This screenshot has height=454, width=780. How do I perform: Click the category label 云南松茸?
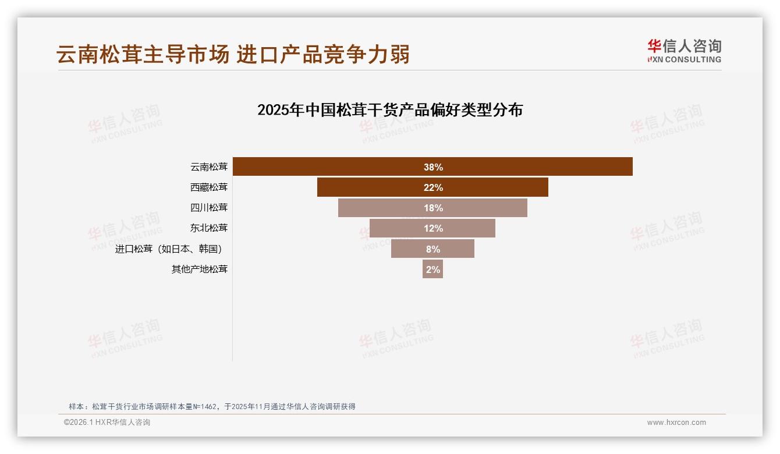(209, 167)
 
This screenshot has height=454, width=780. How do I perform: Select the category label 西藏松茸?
(209, 187)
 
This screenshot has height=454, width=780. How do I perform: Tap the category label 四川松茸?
(209, 208)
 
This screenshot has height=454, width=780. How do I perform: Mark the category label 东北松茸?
(209, 228)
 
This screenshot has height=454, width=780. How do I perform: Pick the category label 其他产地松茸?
(200, 269)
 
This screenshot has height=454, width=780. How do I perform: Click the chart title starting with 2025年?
(390, 110)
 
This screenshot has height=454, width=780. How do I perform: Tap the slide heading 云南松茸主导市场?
(143, 54)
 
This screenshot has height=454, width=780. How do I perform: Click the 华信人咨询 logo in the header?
(685, 46)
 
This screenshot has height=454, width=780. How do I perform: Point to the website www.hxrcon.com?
(676, 423)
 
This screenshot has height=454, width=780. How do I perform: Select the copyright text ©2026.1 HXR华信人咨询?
(107, 423)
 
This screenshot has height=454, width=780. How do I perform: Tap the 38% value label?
(433, 167)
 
